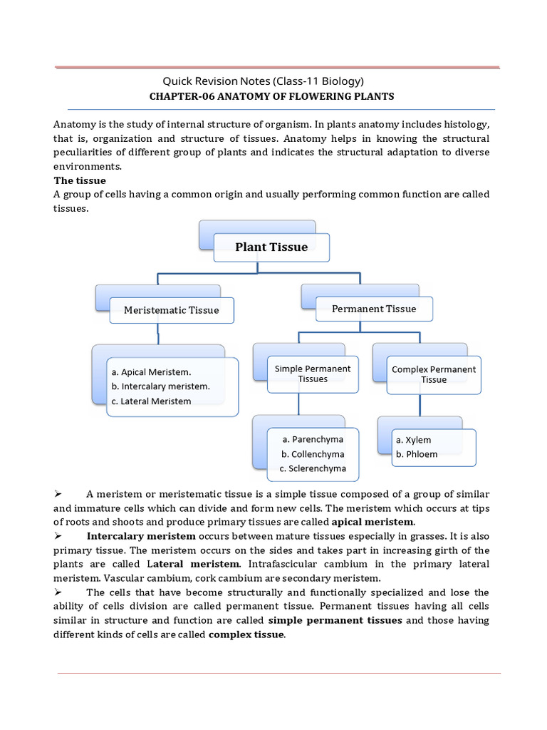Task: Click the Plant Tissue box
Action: [271, 247]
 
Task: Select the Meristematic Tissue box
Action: [171, 310]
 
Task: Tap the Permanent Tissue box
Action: [374, 309]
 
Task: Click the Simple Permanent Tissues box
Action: [313, 374]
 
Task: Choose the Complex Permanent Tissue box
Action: [434, 374]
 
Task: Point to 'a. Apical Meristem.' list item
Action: [151, 372]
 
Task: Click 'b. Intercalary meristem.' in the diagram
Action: [160, 386]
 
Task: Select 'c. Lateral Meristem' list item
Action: [151, 401]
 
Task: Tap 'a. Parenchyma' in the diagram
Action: [313, 439]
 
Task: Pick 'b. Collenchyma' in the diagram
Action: [313, 454]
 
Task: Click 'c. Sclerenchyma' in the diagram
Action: [313, 468]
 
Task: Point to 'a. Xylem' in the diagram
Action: [414, 440]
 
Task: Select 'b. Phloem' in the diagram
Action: [417, 454]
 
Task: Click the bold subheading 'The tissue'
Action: [80, 180]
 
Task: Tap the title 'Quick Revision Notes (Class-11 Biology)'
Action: [264, 81]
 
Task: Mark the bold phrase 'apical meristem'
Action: [373, 523]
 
